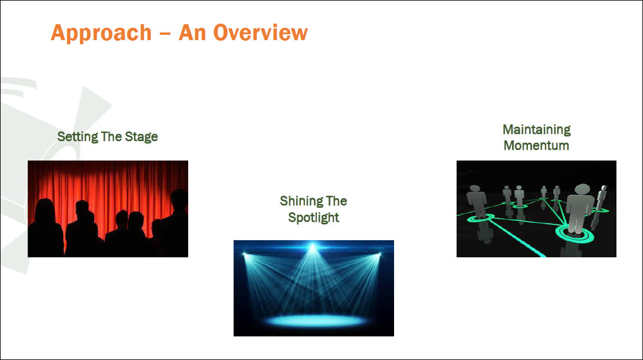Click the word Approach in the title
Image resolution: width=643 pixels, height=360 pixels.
tap(101, 33)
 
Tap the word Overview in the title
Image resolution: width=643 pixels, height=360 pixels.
tap(260, 32)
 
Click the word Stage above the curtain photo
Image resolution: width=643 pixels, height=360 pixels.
tap(141, 137)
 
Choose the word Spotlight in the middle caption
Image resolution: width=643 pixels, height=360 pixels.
tap(314, 218)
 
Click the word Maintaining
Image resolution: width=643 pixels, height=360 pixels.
tap(537, 130)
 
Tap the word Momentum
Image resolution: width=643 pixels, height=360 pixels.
tap(536, 146)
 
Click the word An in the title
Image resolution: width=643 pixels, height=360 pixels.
tap(192, 33)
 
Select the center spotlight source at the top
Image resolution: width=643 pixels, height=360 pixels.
tap(313, 247)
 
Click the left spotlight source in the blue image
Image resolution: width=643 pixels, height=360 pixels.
tap(244, 254)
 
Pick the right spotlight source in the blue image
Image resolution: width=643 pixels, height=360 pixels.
tap(380, 254)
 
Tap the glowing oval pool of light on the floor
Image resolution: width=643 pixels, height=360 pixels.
tap(315, 320)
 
